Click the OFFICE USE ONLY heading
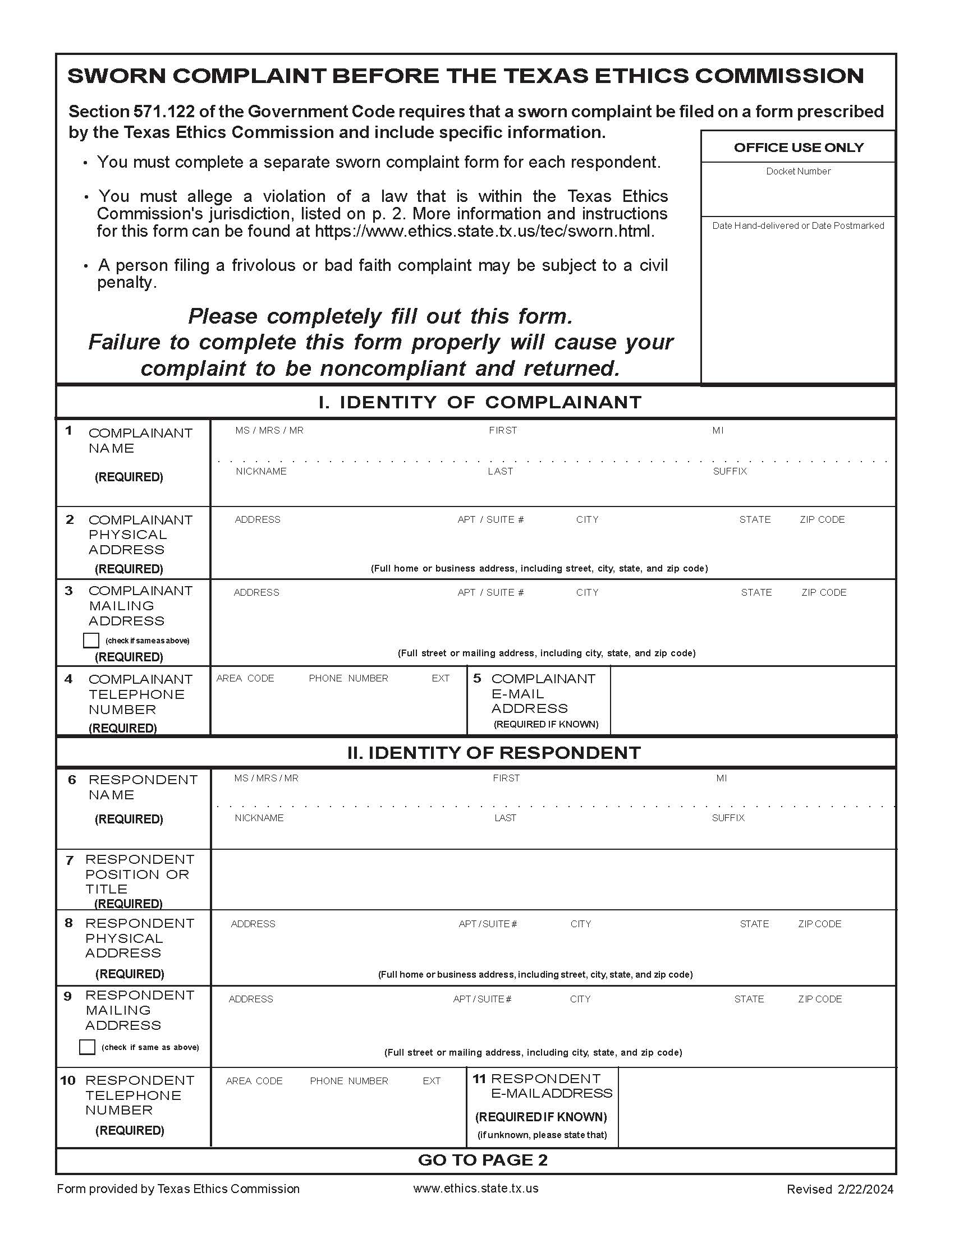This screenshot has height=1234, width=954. [x=798, y=148]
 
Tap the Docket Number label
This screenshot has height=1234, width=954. [x=798, y=171]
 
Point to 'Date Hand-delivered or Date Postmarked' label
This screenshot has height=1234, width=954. [x=797, y=225]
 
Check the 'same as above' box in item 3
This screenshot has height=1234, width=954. [x=91, y=640]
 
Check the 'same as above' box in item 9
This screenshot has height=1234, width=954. [x=87, y=1047]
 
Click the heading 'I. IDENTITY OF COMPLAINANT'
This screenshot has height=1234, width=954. [x=480, y=402]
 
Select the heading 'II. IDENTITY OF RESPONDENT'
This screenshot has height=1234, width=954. [x=494, y=753]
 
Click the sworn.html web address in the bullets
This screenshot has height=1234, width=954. [x=484, y=231]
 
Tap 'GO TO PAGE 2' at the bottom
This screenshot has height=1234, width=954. [x=483, y=1160]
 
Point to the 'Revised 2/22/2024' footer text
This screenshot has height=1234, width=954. [x=840, y=1189]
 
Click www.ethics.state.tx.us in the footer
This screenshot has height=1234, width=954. [x=475, y=1188]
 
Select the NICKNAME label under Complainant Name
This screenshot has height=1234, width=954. [x=260, y=471]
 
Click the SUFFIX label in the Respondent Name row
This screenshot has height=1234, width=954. [x=728, y=818]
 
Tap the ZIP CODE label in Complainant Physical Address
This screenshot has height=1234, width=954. [x=822, y=519]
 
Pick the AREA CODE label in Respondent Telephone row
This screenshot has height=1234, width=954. [x=254, y=1081]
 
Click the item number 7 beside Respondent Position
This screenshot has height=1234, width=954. [x=70, y=860]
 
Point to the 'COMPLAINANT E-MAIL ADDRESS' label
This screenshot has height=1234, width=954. [x=543, y=693]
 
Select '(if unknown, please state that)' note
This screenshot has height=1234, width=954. [x=542, y=1135]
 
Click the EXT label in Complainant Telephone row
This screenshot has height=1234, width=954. [x=441, y=678]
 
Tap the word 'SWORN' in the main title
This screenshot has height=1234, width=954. [x=116, y=76]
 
